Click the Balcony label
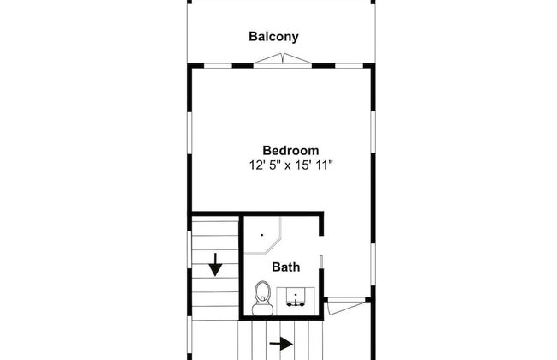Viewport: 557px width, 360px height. click(273, 37)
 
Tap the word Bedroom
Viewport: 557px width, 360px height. click(290, 150)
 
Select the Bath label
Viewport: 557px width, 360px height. click(286, 267)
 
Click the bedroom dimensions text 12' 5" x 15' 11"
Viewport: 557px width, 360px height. click(291, 165)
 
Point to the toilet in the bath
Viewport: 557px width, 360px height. click(262, 298)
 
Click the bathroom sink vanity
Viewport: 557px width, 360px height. click(296, 301)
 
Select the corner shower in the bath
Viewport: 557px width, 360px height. click(263, 235)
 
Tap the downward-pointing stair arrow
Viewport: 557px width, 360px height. click(215, 265)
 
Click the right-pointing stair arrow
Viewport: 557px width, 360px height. click(281, 344)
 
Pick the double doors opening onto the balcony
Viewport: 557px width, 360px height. click(283, 60)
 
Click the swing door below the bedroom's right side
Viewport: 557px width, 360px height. click(346, 306)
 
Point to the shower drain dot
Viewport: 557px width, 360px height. click(262, 235)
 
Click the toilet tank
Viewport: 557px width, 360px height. click(262, 309)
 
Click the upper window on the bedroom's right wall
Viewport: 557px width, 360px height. click(373, 132)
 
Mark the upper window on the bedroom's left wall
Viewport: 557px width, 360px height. click(189, 133)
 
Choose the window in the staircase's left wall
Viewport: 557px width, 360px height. click(189, 249)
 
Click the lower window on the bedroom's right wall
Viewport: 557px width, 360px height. click(373, 265)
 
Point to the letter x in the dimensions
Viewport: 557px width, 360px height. click(288, 166)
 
